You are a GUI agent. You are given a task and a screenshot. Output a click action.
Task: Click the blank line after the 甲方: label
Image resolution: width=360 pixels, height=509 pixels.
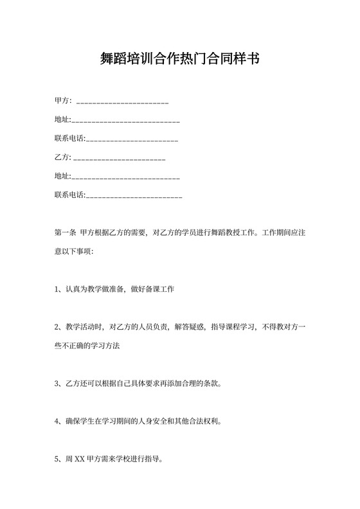(122, 102)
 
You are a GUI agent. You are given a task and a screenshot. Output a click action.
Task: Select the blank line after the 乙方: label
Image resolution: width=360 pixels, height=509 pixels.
(120, 157)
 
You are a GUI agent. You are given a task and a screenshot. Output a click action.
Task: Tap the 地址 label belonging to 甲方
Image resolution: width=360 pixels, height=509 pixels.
(62, 120)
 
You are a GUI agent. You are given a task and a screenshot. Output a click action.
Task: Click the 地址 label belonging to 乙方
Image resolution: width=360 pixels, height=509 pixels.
(62, 176)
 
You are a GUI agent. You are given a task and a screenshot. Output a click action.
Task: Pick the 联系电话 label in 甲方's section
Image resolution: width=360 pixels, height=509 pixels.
(69, 139)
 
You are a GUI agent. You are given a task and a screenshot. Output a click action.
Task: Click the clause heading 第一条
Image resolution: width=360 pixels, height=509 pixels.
(66, 233)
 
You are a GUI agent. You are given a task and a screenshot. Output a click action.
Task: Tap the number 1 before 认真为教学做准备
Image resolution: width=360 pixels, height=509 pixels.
(57, 289)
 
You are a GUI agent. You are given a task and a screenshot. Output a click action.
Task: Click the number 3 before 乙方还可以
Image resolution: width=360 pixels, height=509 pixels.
(57, 384)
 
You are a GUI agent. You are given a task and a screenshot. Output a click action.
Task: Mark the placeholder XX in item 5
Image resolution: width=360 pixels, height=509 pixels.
(80, 460)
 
